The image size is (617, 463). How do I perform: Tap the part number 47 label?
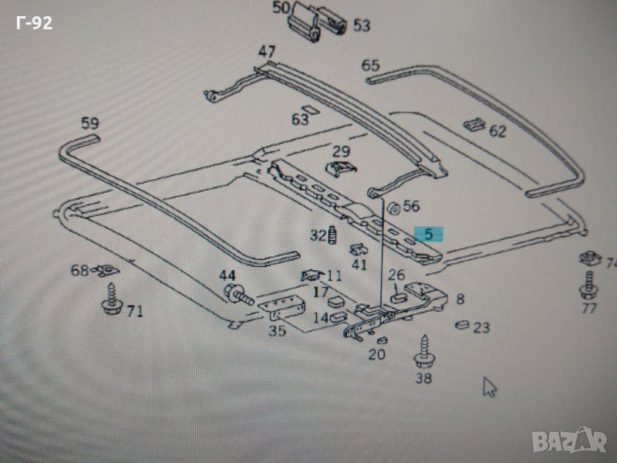tap(267, 52)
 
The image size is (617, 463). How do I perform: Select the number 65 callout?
tap(370, 65)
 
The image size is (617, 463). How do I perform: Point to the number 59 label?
tap(90, 123)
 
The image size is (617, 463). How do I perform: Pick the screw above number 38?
tap(423, 351)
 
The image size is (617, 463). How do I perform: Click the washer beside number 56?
tap(391, 207)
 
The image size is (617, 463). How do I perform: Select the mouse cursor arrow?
tap(489, 386)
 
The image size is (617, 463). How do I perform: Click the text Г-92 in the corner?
tap(34, 23)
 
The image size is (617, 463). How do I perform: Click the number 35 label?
tap(276, 331)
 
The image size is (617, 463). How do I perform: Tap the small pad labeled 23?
tap(462, 325)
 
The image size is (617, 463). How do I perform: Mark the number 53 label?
tap(361, 25)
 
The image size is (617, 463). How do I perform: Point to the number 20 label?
tap(377, 354)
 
